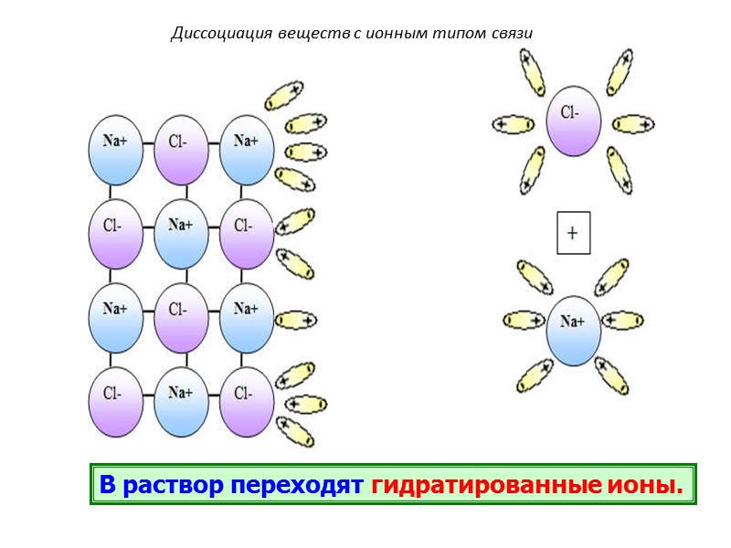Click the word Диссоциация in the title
coord(213,34)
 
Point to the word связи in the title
coord(511,34)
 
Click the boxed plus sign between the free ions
coord(573,233)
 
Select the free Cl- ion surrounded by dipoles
coord(573,121)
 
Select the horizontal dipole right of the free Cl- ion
coord(633,123)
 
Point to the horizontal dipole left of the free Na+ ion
coord(524,321)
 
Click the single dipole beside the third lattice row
coord(296,321)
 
